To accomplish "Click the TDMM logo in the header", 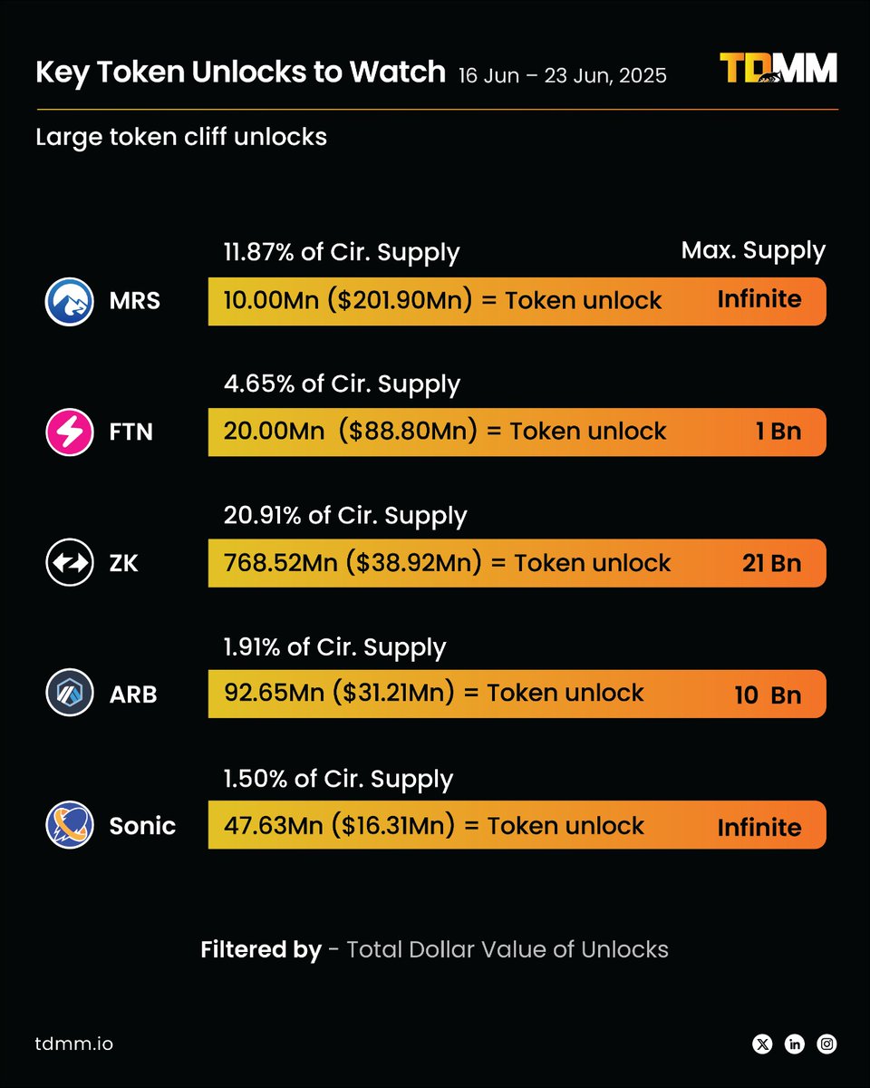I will (778, 70).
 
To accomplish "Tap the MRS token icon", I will (70, 301).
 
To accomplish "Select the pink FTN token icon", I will (70, 432).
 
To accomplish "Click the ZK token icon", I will (70, 563).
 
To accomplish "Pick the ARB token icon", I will (70, 694).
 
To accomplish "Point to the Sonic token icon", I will (70, 825).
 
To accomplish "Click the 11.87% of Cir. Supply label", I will (342, 252).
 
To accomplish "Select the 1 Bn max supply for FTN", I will (778, 432).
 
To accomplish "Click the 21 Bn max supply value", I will (771, 563).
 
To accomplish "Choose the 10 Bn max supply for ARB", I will (768, 695).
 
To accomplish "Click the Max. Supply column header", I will (753, 250).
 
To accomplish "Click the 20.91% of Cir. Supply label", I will (345, 515).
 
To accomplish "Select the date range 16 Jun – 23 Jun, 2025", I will (563, 75).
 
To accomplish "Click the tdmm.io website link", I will (74, 1044).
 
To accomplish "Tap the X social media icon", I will (762, 1044).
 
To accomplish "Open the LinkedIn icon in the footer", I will (795, 1044).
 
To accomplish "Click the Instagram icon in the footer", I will (826, 1044).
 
